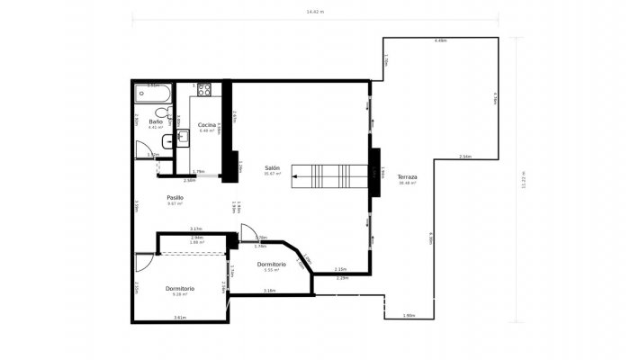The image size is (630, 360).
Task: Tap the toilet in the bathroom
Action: coord(166,113)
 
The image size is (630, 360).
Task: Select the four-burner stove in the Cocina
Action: coord(203,89)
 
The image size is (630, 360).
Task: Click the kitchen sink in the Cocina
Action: coord(182,136)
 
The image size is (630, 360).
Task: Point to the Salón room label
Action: coord(272,168)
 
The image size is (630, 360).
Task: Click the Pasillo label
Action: coord(175,197)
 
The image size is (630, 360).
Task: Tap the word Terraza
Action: coord(408,177)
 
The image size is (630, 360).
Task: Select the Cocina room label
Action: coord(207,124)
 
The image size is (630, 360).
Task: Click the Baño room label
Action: coord(156,121)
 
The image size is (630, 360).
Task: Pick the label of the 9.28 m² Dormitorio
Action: coord(180,288)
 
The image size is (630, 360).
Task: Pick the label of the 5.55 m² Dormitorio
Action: coord(271,264)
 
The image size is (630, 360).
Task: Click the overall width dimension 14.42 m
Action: coord(314,12)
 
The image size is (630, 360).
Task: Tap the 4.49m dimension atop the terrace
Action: coord(440,41)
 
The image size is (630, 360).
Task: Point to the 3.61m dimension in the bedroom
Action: coord(179,318)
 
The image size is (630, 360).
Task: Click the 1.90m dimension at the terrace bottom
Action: coord(409,316)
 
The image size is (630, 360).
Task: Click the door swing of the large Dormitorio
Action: coord(145,263)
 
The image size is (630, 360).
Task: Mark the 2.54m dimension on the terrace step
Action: coord(464,157)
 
